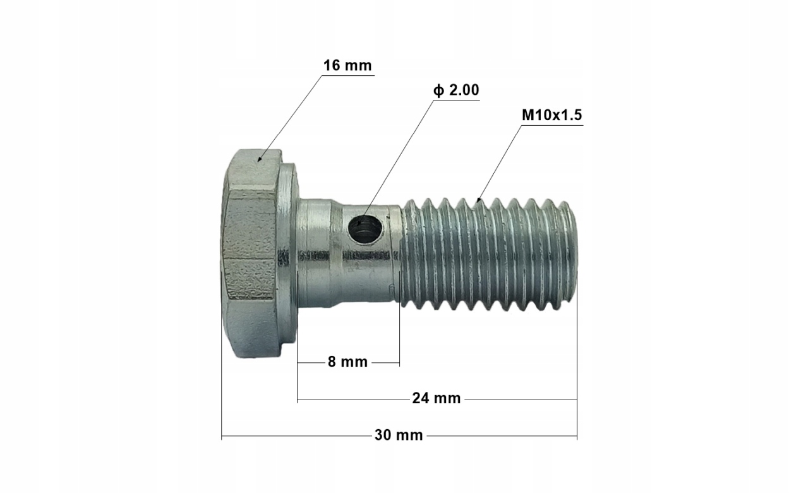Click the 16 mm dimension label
pos(347,66)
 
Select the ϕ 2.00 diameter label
pos(456,90)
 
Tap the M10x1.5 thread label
pos(551,116)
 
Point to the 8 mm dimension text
pos(347,362)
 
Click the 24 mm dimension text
pos(436,398)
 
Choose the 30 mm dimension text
pos(399,435)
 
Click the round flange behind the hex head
pos(288,253)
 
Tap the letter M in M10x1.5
pos(526,116)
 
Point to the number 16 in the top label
pos(332,66)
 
